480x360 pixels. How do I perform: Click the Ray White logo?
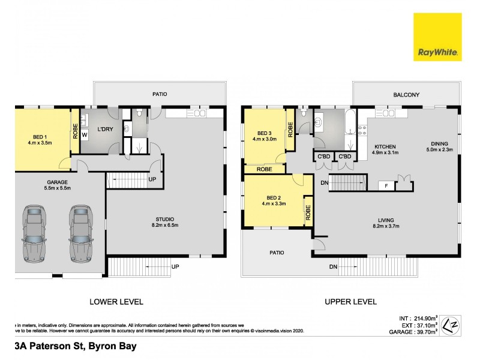tap(437, 37)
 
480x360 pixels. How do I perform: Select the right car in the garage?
tap(80, 233)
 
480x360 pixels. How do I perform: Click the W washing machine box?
tap(85, 135)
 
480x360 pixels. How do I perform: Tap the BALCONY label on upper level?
tap(406, 95)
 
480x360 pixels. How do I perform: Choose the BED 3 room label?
tap(265, 133)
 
